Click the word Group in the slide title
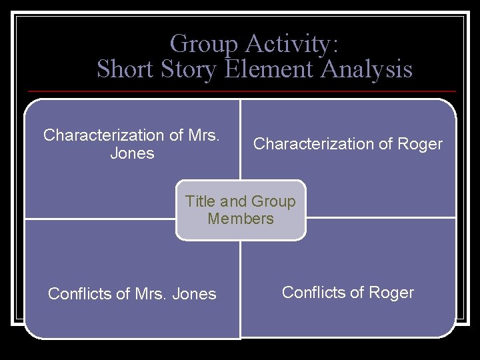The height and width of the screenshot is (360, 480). point(204,45)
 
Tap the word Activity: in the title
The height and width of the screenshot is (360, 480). point(292,45)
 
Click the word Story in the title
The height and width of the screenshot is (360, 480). point(189,69)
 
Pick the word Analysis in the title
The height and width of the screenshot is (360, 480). point(367,69)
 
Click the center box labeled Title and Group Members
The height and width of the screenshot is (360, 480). point(241,210)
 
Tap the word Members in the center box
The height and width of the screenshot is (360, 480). point(241,219)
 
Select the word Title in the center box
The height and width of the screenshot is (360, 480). point(200,201)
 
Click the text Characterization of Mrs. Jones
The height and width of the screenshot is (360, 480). point(131,144)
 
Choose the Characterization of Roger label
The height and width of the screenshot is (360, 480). point(348,144)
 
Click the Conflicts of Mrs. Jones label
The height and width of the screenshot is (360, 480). point(132,294)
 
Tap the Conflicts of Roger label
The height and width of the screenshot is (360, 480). point(348,293)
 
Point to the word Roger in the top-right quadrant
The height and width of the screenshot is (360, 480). point(420,144)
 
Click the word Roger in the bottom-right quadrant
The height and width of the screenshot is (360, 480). point(391,293)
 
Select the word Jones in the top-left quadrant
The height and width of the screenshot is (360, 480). point(131,153)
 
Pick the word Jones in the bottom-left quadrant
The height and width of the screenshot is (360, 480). point(194,294)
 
